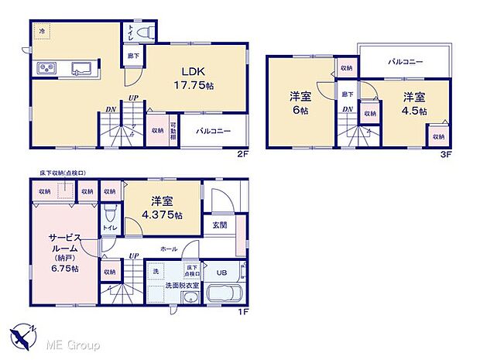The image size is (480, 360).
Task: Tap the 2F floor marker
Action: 242,153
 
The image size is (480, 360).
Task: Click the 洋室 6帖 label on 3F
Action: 300,103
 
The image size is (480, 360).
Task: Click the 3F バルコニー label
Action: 405,61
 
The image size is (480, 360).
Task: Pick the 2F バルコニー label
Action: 214,132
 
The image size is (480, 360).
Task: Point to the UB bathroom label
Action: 221,272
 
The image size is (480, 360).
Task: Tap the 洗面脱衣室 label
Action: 182,286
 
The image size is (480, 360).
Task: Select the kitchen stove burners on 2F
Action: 45,69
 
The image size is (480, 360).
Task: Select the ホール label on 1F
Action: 169,249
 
